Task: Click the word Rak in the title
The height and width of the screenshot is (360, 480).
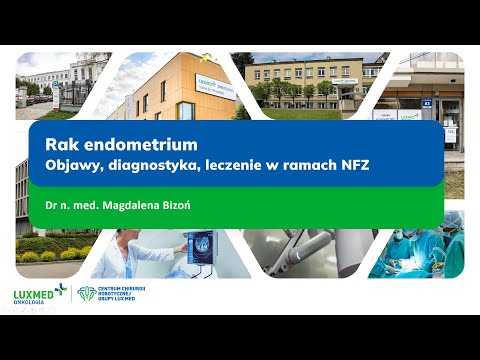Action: pos(58,145)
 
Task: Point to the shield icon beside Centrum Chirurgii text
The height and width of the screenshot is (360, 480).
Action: pos(87,293)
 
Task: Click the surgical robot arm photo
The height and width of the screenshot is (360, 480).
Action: pos(320,245)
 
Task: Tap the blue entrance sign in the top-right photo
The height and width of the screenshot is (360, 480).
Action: pos(427,102)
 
